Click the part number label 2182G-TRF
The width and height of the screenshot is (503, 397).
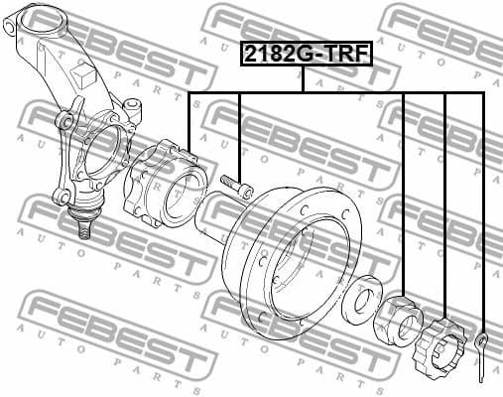coord(305,56)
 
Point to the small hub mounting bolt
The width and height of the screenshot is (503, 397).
coord(239,186)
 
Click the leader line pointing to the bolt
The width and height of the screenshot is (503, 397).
coord(239,129)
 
